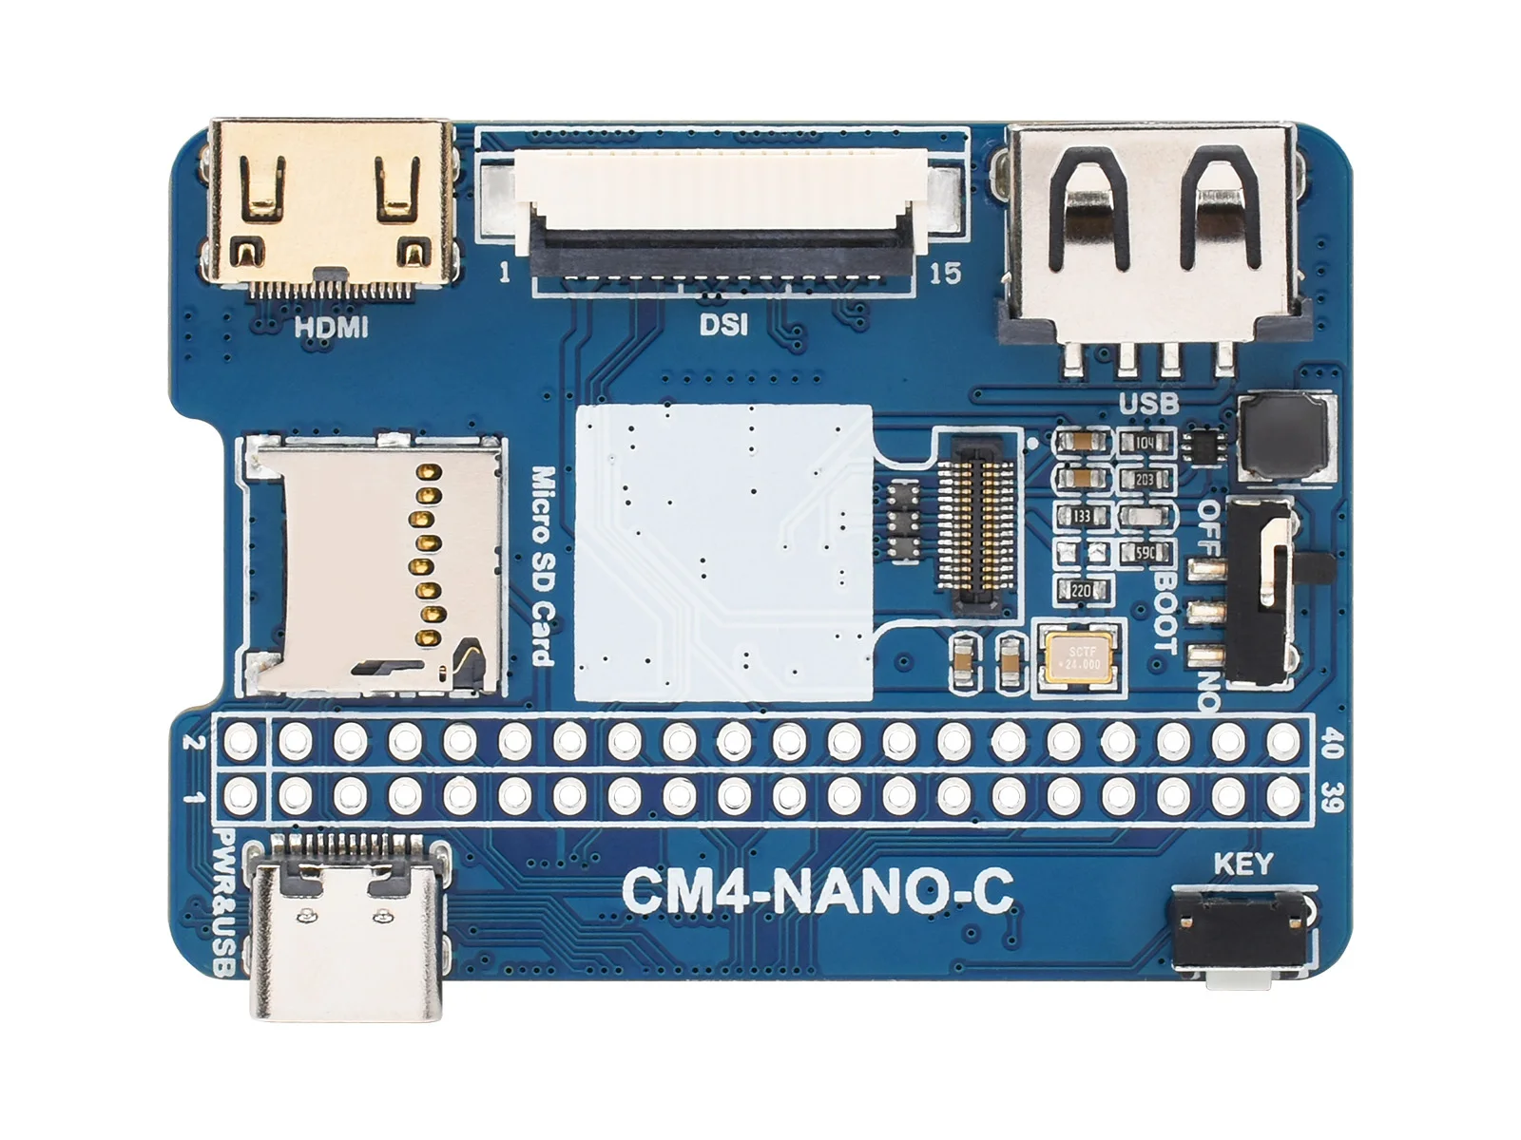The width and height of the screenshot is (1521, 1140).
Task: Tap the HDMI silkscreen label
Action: (x=330, y=329)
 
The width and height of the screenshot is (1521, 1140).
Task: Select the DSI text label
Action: (x=723, y=325)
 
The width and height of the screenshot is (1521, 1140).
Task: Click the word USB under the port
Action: (x=1148, y=404)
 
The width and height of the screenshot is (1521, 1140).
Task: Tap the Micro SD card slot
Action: (x=374, y=564)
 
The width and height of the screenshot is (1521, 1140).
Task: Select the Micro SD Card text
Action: (x=542, y=566)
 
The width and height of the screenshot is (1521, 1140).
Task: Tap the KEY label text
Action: (x=1242, y=864)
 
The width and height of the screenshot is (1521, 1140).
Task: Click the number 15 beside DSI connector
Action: (x=944, y=274)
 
